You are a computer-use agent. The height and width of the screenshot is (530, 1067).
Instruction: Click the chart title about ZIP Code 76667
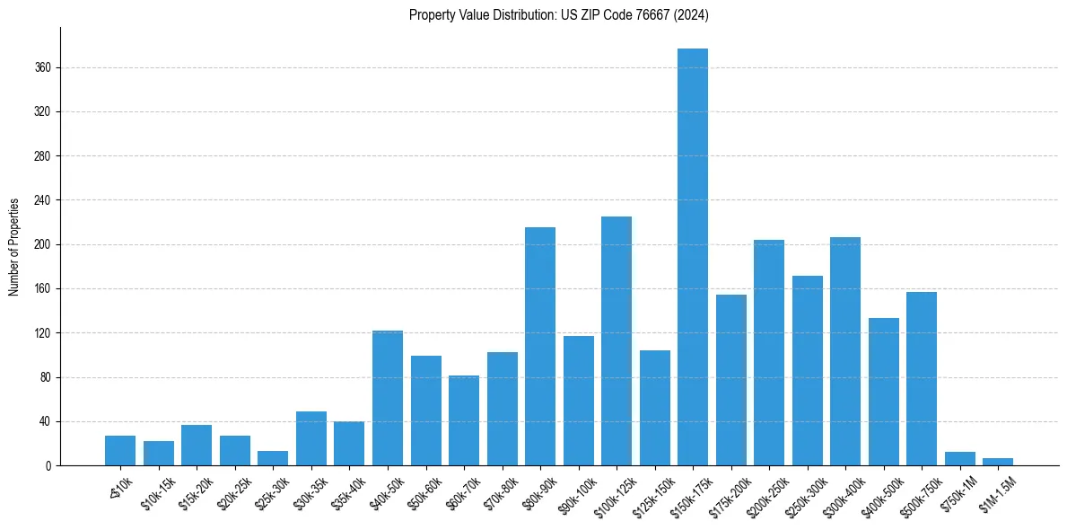559,14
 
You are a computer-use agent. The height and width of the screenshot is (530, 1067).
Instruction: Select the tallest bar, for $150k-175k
693,257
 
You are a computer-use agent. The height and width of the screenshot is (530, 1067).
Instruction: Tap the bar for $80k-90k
540,346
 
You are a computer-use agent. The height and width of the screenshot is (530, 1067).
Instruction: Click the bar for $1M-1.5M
998,462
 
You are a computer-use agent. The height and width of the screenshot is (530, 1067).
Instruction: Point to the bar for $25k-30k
273,458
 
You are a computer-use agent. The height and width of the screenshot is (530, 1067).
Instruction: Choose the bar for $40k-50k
388,398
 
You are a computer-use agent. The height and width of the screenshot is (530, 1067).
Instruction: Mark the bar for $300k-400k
845,351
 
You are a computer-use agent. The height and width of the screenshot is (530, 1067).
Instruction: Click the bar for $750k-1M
959,459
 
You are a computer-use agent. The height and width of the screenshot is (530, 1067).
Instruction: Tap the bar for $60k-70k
464,420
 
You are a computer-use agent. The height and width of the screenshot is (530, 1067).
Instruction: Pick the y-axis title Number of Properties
14,246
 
